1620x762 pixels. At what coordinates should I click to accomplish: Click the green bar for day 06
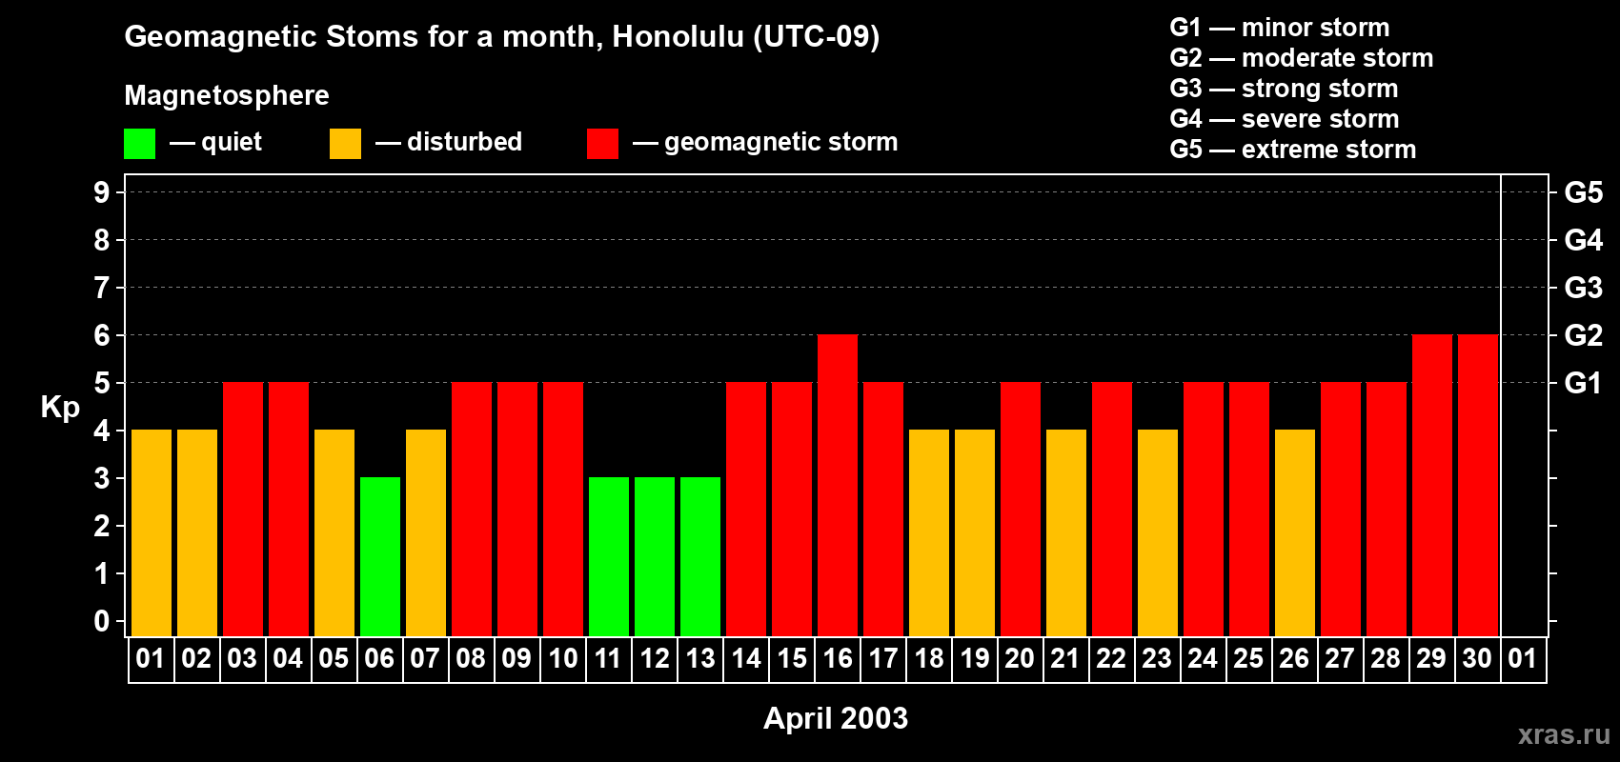coord(380,556)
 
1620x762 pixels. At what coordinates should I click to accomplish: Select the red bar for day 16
coord(838,485)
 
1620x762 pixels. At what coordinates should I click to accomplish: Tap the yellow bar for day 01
coord(152,532)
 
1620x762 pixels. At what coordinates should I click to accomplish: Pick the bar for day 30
coord(1478,485)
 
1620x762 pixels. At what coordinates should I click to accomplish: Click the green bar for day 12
coord(655,556)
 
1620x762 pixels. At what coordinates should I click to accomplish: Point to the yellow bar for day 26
coord(1295,532)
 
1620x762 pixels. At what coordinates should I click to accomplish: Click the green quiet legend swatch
coord(139,144)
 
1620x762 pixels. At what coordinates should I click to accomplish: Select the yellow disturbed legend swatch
coord(345,144)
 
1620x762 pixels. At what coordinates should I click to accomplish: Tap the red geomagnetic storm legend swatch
coord(602,144)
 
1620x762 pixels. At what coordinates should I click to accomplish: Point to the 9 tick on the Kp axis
coord(102,192)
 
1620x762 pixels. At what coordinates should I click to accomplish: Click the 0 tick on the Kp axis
coord(102,621)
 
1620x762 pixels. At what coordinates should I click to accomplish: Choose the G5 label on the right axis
coord(1583,192)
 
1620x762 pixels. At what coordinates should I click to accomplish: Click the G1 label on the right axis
coord(1583,383)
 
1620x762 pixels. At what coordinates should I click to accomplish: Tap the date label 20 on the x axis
coord(1020,658)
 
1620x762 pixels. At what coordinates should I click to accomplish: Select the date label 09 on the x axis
coord(516,658)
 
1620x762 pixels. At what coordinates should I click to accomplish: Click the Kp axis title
coord(60,407)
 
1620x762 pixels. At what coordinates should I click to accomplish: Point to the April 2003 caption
coord(836,718)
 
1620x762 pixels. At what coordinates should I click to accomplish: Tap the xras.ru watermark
coord(1564,733)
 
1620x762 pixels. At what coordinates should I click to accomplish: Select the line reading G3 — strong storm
coord(1284,89)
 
